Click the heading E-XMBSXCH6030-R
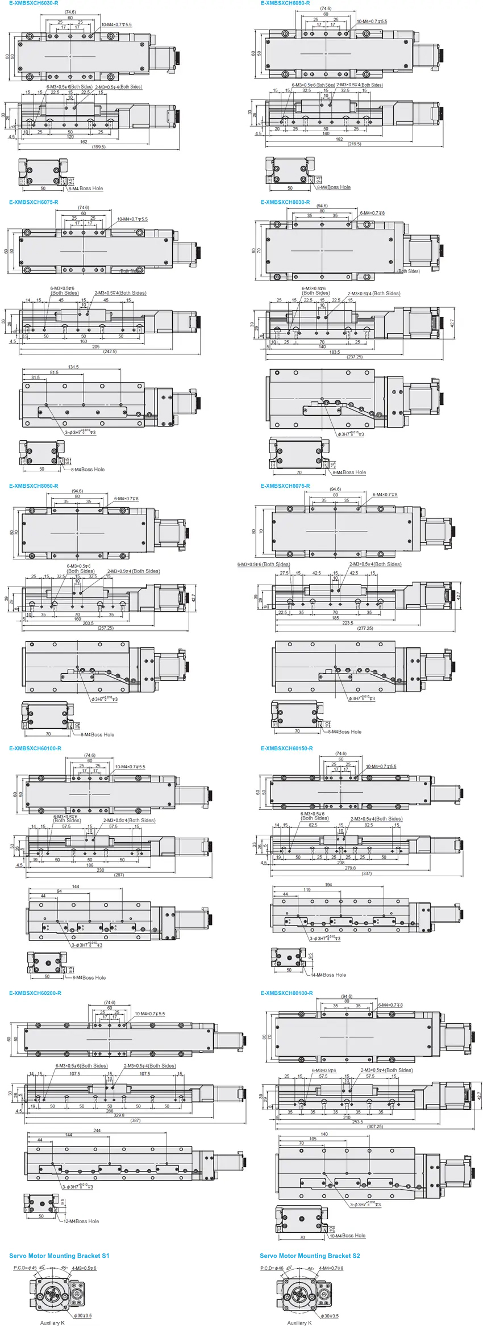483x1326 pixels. [x=34, y=3]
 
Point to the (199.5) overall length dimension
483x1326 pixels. [x=98, y=147]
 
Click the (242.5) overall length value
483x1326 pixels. [x=110, y=352]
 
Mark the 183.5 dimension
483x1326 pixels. [x=334, y=352]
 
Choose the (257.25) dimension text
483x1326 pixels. [x=106, y=628]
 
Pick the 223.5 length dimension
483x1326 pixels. [x=348, y=623]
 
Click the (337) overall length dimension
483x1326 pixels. [x=367, y=873]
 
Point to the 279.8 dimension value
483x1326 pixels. [x=349, y=868]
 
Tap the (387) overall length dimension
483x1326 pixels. [x=135, y=1120]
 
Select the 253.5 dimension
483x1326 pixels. [x=357, y=1122]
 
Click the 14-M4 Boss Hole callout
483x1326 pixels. [x=328, y=975]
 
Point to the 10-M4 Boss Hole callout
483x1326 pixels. [x=347, y=1236]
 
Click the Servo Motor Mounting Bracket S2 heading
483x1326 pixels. [x=310, y=1256]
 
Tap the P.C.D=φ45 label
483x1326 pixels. [x=25, y=1268]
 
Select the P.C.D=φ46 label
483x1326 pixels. [x=272, y=1268]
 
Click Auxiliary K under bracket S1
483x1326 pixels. [x=52, y=1323]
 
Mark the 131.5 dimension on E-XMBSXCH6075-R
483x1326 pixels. [x=73, y=367]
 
